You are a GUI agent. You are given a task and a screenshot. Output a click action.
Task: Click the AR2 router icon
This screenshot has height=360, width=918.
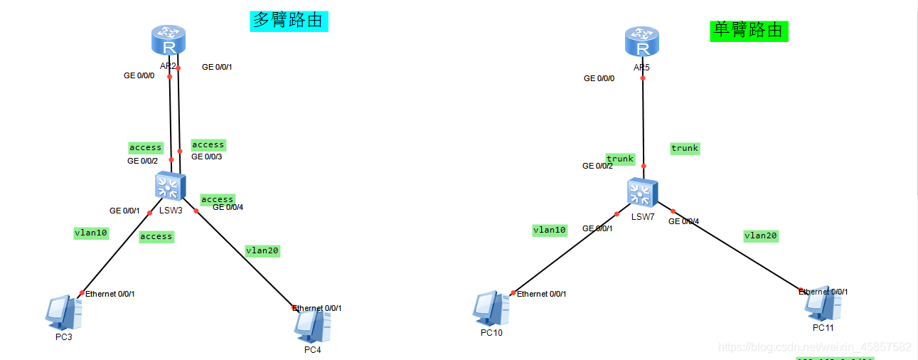169,40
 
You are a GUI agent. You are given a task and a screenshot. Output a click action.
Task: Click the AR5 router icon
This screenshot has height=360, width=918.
642,41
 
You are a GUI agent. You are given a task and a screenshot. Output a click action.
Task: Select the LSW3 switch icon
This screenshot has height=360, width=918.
169,186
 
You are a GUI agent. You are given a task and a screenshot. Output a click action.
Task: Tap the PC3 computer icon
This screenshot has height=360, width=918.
62,312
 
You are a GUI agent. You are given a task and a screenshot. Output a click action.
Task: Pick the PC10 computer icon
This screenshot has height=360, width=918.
491,309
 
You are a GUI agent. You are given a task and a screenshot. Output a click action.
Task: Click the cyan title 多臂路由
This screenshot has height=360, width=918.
289,20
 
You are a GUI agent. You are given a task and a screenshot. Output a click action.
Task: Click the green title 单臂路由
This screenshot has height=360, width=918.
749,30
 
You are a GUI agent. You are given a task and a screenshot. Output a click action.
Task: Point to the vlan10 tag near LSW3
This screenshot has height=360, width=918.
91,233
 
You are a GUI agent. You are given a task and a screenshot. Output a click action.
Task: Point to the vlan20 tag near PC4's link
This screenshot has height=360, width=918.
262,250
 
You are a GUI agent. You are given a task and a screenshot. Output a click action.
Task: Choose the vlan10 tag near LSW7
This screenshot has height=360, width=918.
550,230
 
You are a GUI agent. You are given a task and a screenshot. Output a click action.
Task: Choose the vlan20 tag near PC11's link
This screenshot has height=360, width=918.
761,235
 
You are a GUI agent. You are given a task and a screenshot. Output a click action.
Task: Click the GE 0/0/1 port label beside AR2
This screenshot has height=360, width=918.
217,67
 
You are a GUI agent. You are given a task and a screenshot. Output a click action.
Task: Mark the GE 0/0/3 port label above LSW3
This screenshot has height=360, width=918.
206,157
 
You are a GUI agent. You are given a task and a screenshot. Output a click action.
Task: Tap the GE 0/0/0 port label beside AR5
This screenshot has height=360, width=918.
599,78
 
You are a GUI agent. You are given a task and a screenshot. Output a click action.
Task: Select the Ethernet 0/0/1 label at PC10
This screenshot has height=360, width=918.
542,294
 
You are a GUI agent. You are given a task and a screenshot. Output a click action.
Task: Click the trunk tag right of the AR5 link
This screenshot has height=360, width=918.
685,148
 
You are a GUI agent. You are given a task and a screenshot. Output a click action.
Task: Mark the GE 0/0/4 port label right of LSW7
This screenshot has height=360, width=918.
683,221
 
